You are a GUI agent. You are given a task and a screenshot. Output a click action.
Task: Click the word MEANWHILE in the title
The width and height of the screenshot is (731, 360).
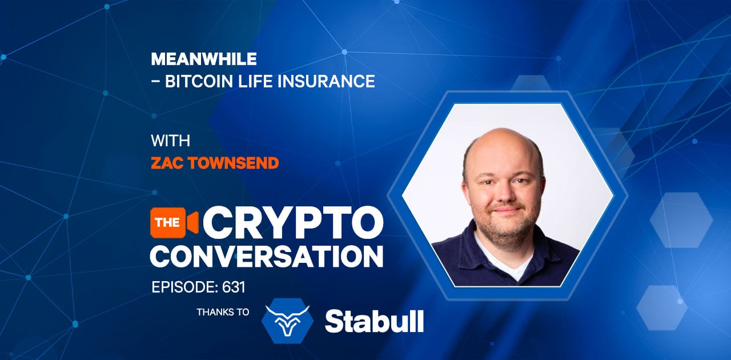(204, 59)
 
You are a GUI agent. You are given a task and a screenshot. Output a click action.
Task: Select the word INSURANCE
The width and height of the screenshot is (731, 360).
(326, 81)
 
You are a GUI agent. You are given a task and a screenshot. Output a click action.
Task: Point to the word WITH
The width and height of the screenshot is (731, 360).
(170, 141)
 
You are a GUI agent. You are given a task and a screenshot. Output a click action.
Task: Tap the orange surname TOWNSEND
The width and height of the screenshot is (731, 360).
(234, 163)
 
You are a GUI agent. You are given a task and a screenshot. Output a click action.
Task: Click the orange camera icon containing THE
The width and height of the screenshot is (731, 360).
(174, 222)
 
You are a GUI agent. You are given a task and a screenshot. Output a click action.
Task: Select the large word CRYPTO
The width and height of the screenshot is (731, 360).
(293, 223)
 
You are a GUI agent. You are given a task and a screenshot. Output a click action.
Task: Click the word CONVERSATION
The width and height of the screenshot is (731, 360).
(266, 257)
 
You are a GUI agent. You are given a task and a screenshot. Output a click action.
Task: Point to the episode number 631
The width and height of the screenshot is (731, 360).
(234, 287)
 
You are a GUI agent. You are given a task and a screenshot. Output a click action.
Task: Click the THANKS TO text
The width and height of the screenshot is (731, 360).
(223, 313)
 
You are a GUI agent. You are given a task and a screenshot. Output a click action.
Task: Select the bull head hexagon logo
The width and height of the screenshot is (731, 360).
(287, 321)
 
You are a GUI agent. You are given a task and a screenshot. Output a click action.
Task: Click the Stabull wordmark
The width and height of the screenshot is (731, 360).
(374, 321)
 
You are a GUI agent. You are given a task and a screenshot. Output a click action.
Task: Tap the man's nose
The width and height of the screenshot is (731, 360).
(504, 193)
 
